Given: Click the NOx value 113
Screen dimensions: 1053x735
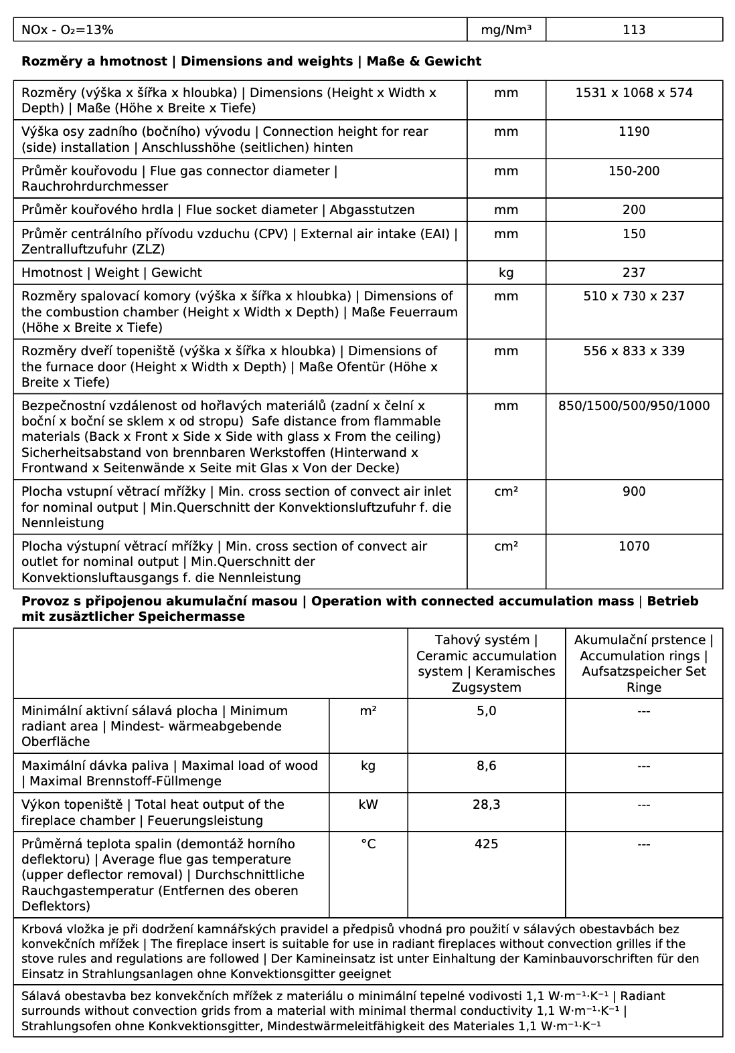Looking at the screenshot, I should coord(633,29).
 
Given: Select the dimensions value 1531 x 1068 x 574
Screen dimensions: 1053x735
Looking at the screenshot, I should coord(633,93).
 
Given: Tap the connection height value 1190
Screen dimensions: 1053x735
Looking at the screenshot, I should coord(633,132).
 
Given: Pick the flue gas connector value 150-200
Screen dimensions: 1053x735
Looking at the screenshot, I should coord(633,171).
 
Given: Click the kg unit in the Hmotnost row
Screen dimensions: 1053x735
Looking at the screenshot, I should coord(506,273).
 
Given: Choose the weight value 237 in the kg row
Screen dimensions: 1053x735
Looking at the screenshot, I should coord(633,273).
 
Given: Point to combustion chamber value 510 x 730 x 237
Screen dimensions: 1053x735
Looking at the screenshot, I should coord(633,296).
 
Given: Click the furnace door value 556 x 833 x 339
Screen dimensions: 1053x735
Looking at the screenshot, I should coord(633,351).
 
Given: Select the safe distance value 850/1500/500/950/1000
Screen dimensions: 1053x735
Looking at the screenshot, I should coord(633,406).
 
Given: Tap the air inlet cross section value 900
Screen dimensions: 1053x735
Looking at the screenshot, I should coord(633,492).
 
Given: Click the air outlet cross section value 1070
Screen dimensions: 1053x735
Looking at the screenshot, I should coord(633,547).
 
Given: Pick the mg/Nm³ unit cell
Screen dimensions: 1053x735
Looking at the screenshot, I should coord(506,29).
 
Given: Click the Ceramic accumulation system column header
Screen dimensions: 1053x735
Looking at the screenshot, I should coord(486,664).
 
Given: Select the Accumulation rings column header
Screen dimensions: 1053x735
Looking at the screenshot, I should coord(643,664).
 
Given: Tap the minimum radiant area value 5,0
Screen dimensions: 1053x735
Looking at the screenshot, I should coord(486,711).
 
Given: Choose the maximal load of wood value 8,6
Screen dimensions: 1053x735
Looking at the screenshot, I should coord(486,766).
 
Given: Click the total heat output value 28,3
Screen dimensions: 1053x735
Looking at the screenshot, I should coord(486,805).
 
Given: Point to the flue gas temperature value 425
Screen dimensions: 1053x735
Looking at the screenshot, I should coord(486,844).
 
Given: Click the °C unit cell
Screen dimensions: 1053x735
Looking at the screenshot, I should coord(368,844).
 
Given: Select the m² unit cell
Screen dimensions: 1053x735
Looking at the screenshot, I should coord(368,711).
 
